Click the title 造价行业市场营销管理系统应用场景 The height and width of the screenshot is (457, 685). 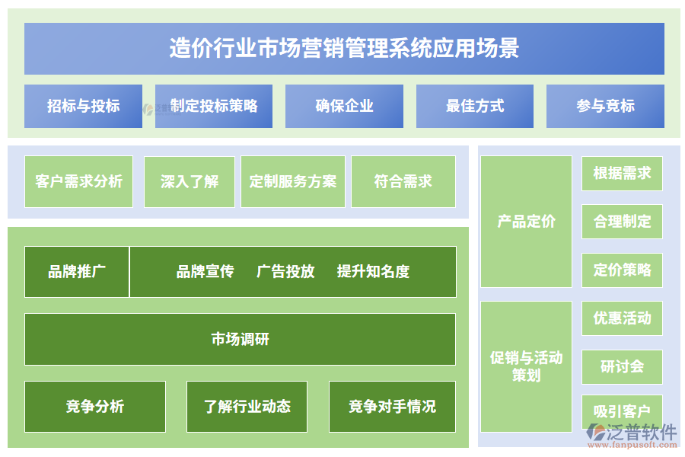[x=344, y=48]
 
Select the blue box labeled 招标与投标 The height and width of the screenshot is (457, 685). [x=83, y=106]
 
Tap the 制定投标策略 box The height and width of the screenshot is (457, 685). [x=214, y=106]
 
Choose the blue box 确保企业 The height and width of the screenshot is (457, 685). [x=344, y=106]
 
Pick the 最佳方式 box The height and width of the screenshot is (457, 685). [x=475, y=106]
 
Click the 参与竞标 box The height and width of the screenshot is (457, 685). [x=605, y=106]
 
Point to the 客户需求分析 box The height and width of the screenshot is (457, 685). [x=78, y=181]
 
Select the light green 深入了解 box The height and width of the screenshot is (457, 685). [x=190, y=181]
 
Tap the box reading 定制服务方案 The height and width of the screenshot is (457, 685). [x=293, y=181]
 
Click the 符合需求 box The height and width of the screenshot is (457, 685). [x=403, y=181]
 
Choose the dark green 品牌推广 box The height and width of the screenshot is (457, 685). [x=77, y=272]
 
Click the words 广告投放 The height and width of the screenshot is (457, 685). [x=285, y=272]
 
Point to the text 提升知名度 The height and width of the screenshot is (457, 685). [x=373, y=272]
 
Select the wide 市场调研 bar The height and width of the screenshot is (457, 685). [x=240, y=339]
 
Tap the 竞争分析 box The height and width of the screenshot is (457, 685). [x=95, y=407]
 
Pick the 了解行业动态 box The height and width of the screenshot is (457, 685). [x=247, y=407]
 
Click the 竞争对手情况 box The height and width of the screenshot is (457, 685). [x=392, y=407]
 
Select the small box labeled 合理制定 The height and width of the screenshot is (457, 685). [x=622, y=222]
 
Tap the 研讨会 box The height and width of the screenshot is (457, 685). [x=622, y=367]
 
